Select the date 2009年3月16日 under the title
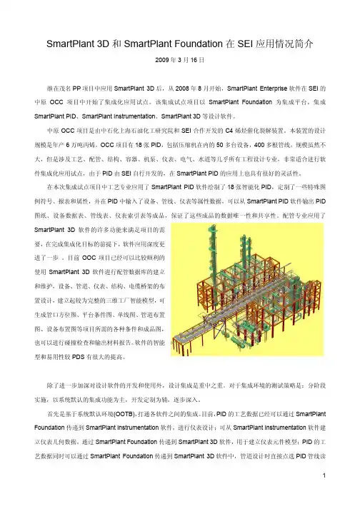(179, 61)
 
